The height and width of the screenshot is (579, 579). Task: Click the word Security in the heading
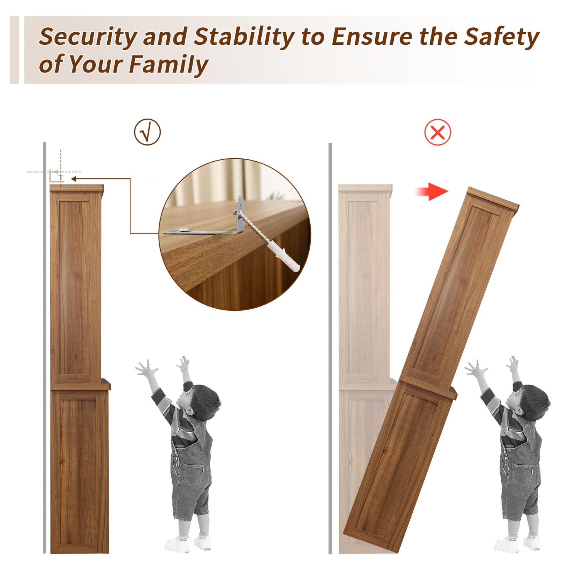[88, 37]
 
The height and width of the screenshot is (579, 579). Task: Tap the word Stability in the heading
[244, 37]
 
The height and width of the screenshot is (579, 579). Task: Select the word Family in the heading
[169, 65]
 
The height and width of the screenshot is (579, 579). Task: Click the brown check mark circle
[147, 132]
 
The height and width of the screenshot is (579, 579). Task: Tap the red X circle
[437, 132]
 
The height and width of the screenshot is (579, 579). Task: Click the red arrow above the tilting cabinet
[432, 191]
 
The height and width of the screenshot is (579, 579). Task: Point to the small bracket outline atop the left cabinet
[56, 176]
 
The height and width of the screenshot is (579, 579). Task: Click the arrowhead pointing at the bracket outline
[74, 179]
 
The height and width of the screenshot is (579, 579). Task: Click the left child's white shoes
[188, 543]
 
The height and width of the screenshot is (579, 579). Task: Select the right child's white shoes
[517, 543]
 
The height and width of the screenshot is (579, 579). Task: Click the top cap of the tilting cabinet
[493, 199]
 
